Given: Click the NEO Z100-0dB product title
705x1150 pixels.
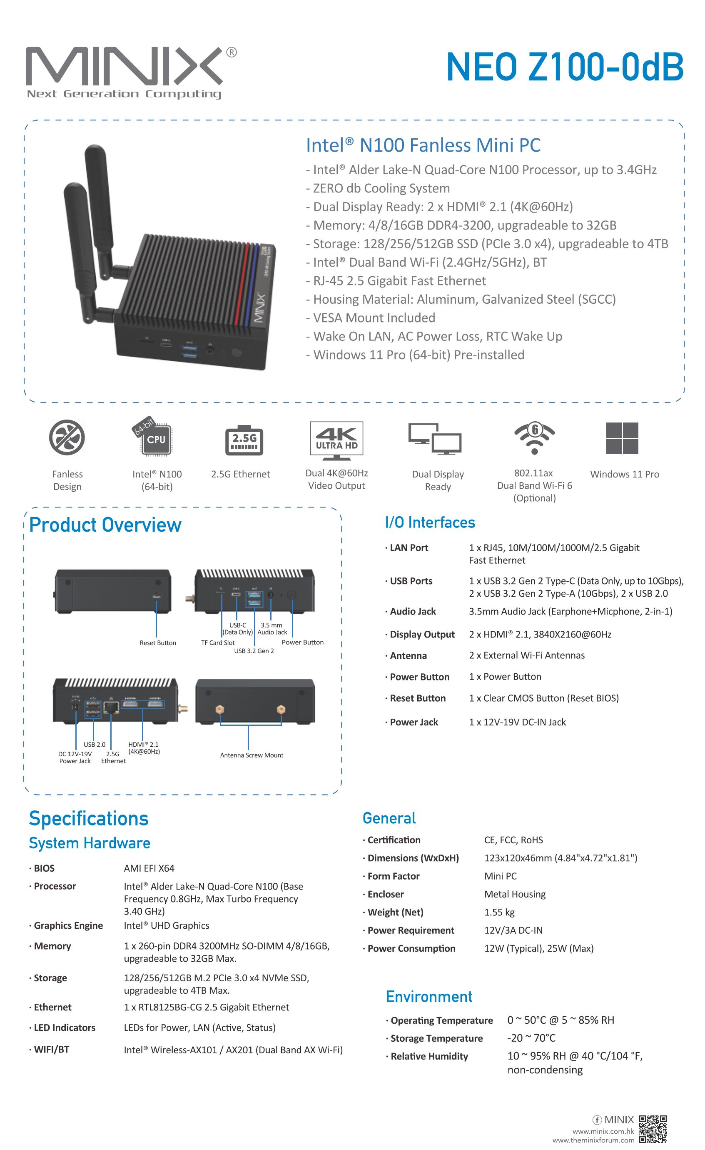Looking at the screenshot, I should click(x=565, y=67).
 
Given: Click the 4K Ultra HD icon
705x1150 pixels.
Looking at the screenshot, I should click(x=336, y=438).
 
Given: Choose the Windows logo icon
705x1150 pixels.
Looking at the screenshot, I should click(x=622, y=438).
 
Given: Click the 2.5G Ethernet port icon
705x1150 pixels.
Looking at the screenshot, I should click(x=244, y=439).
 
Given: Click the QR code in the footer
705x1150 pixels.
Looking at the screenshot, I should click(x=653, y=1129).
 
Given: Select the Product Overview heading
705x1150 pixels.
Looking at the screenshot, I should click(x=105, y=525).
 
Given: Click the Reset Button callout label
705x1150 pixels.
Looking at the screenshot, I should click(x=158, y=642).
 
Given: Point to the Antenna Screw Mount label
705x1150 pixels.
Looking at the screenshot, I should click(x=252, y=755).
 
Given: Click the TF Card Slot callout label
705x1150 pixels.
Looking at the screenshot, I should click(x=218, y=642).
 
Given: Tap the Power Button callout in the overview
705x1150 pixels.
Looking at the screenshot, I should click(x=302, y=642).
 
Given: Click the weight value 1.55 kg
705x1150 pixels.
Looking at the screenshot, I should click(x=499, y=912).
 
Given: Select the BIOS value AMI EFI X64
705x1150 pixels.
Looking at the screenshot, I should click(x=149, y=868).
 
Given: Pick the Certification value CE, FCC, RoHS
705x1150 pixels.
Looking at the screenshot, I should click(x=513, y=840).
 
